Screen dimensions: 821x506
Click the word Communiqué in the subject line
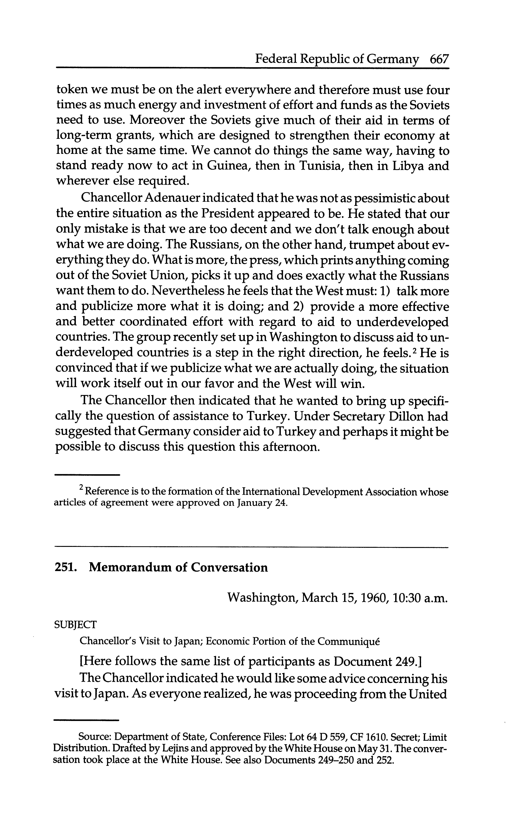348,641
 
